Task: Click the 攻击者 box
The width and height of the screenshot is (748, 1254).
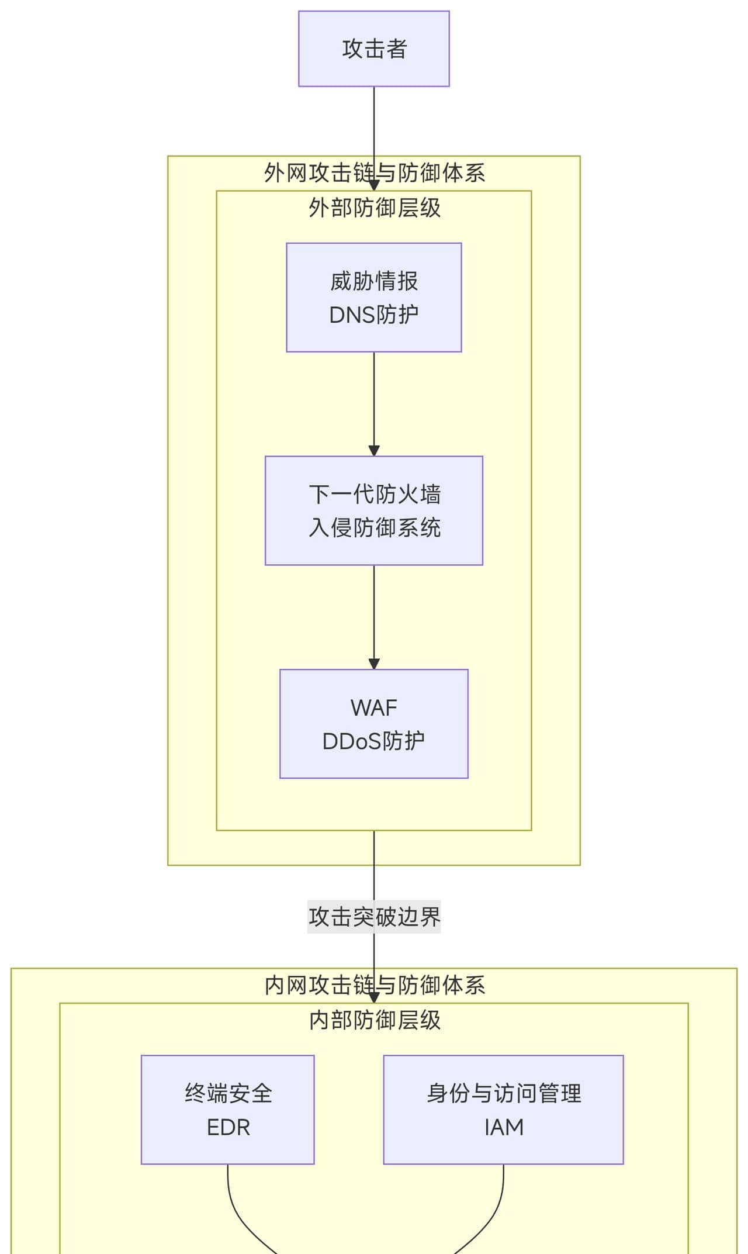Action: click(374, 49)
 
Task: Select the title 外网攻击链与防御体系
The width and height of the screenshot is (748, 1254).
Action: click(374, 173)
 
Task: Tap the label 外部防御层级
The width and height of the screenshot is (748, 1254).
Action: click(374, 208)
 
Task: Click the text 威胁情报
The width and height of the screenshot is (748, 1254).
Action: click(374, 281)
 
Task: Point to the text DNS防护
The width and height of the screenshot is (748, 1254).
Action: click(374, 315)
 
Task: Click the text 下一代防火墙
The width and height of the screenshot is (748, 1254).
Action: click(374, 495)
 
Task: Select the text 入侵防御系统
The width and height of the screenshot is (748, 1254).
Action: click(374, 528)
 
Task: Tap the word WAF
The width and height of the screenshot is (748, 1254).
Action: click(374, 708)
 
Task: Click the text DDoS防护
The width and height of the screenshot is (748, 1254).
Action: click(374, 741)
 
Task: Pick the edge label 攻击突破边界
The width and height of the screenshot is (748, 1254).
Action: click(374, 917)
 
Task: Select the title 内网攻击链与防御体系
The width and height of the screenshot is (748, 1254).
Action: click(374, 986)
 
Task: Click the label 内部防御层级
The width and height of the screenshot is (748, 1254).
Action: click(374, 1020)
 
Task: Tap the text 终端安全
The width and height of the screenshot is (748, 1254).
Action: click(228, 1093)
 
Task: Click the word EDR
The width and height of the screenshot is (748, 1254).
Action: click(228, 1127)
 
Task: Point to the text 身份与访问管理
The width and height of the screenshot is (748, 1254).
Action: click(504, 1093)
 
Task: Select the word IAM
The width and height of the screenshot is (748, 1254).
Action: click(504, 1127)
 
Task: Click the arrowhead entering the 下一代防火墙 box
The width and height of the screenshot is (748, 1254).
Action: click(374, 451)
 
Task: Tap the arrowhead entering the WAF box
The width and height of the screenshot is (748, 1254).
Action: click(374, 664)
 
